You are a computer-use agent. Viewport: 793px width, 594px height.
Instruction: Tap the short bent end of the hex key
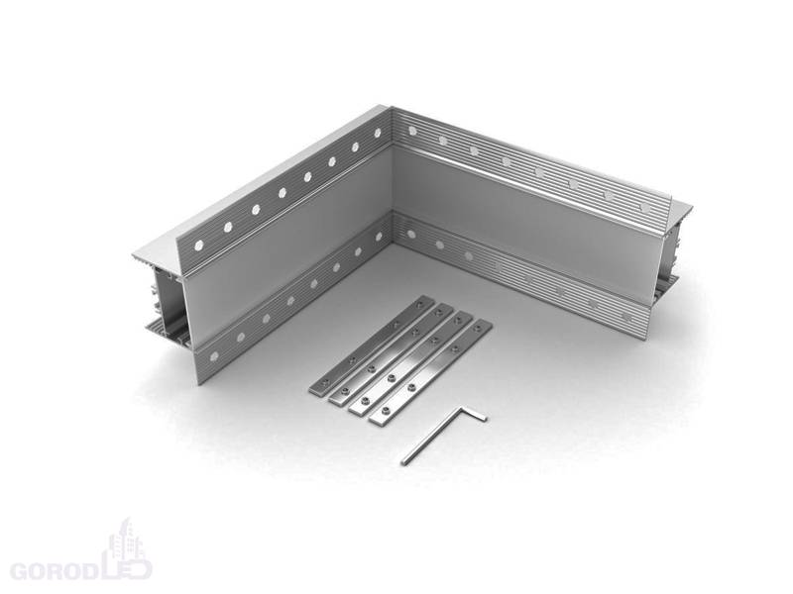(x=475, y=413)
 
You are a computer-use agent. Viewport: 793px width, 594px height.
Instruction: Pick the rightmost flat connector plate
(x=431, y=372)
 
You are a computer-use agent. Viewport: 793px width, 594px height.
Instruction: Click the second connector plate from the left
(x=391, y=353)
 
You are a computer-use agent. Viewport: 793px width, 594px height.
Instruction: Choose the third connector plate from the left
(x=410, y=363)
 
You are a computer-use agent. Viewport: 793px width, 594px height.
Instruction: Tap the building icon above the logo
(x=127, y=541)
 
